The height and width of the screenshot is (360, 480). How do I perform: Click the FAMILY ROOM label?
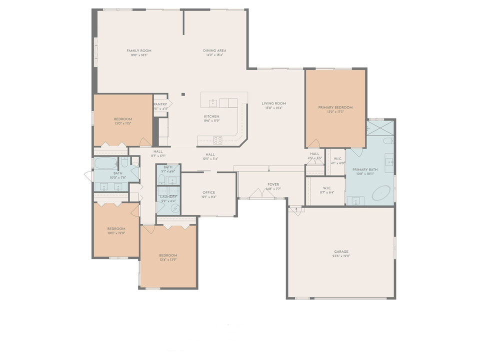[138, 50]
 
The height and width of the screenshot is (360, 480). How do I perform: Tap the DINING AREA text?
[214, 50]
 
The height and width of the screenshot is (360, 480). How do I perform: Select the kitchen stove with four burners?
[218, 140]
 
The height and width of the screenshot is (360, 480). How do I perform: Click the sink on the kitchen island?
[213, 103]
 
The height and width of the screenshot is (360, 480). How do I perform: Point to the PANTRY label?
[160, 104]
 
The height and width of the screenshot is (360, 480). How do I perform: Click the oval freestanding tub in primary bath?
[382, 191]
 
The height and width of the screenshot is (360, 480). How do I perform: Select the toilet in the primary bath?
[388, 141]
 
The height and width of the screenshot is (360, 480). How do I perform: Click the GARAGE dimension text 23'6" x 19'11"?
[341, 256]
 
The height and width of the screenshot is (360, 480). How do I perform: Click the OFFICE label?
[208, 192]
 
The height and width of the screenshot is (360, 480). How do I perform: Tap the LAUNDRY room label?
[168, 196]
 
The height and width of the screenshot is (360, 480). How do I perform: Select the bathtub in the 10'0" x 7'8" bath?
[105, 163]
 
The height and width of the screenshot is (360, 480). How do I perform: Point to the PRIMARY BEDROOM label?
[335, 107]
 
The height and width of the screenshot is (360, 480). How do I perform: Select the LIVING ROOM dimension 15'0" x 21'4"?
[273, 108]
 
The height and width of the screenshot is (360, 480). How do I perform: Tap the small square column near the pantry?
[183, 94]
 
